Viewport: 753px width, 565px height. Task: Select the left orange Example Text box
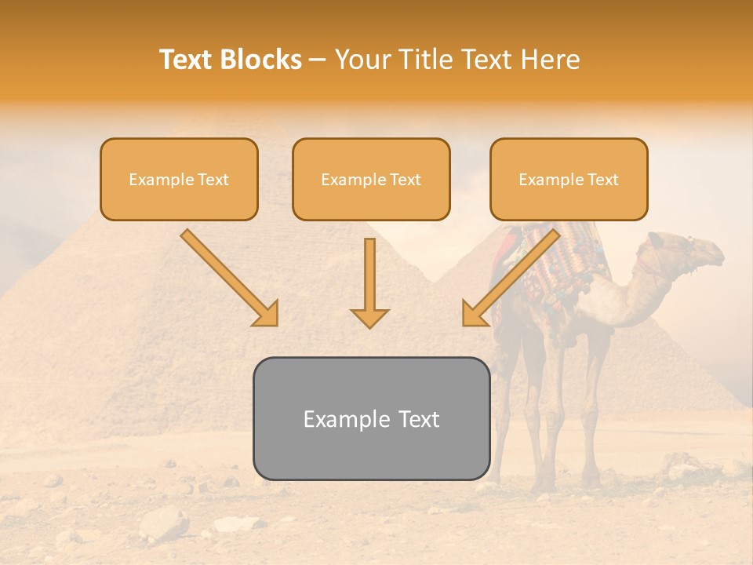[x=179, y=180]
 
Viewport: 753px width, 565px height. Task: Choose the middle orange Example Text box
[x=371, y=180]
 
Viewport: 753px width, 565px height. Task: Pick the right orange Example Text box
[x=569, y=180]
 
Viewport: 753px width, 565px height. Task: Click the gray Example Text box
[x=371, y=419]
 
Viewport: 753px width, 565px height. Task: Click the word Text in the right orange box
[x=602, y=180]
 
